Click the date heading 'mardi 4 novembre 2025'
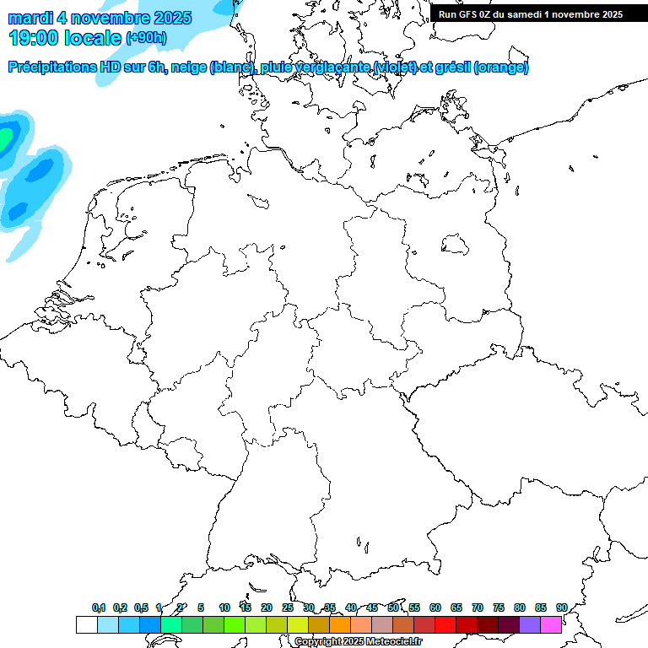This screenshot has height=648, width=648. [100, 18]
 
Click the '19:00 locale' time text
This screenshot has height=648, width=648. [65, 37]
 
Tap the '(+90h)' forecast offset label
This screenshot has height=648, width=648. [146, 38]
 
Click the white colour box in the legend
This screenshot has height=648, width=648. [86, 625]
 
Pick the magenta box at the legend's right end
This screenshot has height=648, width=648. [551, 625]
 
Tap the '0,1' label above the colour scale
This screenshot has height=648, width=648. [99, 608]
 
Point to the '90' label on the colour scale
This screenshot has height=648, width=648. [561, 608]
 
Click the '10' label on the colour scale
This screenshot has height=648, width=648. [224, 608]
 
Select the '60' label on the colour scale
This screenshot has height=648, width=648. [435, 608]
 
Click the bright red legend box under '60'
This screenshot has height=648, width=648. [445, 625]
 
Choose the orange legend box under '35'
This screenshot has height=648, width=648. [340, 625]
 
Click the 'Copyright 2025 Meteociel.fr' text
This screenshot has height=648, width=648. [359, 642]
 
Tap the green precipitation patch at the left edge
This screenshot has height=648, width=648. [5, 135]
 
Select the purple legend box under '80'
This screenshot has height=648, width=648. [530, 625]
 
